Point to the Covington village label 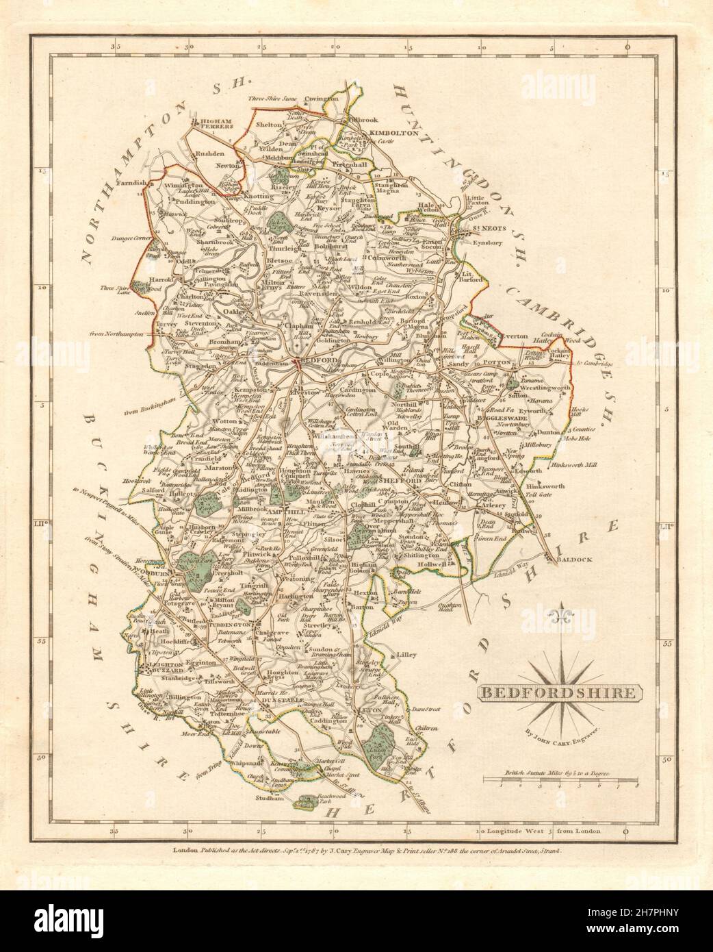[322, 99]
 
